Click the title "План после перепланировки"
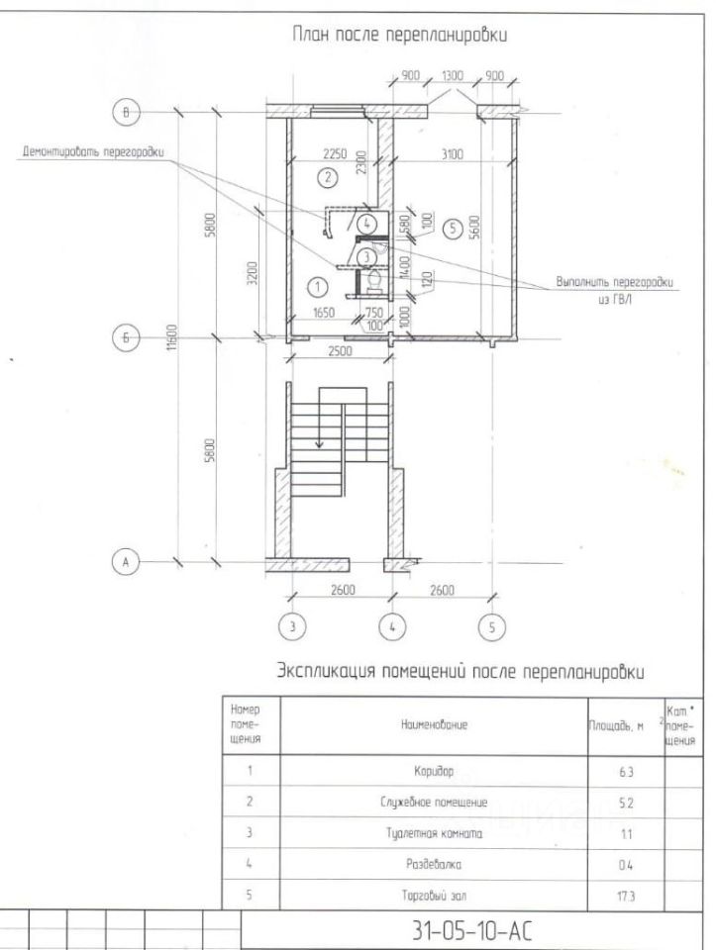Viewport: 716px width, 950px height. point(399,37)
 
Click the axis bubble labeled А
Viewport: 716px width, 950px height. point(126,561)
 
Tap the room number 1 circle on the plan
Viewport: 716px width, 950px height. point(317,287)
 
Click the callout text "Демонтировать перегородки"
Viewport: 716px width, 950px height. point(93,152)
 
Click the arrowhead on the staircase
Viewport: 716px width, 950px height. point(319,444)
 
